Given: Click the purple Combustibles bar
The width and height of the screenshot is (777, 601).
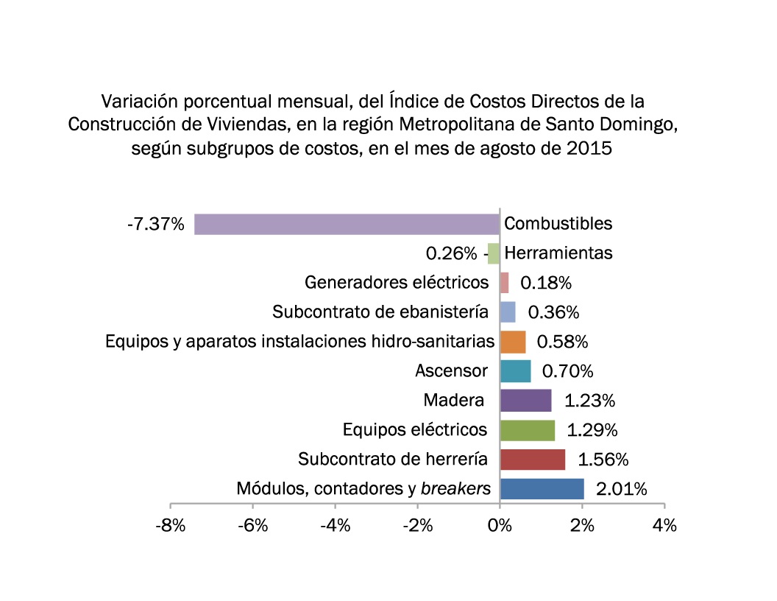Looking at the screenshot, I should click(347, 224).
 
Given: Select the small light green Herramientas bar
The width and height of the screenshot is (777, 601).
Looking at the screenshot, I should click(494, 253).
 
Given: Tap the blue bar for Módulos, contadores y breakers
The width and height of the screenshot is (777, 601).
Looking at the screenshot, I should click(542, 489).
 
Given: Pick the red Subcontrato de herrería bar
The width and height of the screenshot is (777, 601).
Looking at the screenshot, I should click(533, 460).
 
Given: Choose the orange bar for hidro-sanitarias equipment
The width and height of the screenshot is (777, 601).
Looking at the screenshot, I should click(513, 342).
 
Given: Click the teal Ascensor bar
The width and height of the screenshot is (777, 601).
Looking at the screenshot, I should click(515, 371).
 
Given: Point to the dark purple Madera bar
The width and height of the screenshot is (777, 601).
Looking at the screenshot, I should click(525, 401).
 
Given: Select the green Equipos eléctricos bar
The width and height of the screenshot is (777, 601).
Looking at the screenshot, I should click(527, 430).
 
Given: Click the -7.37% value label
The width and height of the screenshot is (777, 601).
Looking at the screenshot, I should click(155, 224).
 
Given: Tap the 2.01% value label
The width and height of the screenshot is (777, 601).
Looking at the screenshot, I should click(622, 489).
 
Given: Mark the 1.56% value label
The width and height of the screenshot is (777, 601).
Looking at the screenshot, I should click(603, 460).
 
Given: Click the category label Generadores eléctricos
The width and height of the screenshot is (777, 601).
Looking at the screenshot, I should click(397, 282).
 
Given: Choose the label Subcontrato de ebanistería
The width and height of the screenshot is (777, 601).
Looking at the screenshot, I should click(380, 312).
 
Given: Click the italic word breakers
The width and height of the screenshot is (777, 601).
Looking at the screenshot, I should click(455, 488).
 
